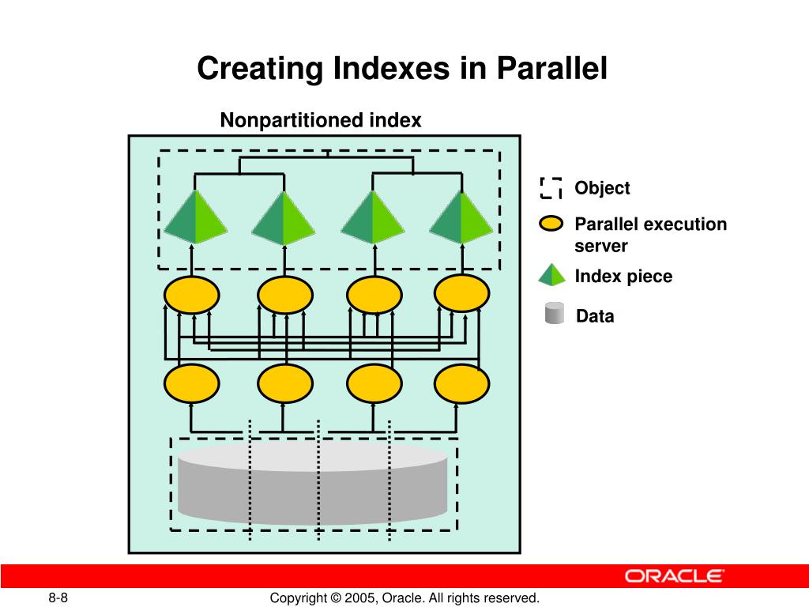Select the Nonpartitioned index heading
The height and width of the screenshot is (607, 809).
coord(321,120)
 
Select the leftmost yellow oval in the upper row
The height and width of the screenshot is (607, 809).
coord(192,296)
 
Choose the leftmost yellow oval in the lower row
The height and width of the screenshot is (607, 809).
coord(192,384)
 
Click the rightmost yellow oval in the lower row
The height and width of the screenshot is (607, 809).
coord(462,384)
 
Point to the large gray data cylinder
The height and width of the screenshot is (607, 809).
coord(313,482)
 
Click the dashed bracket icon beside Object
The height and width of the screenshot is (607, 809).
coord(551,188)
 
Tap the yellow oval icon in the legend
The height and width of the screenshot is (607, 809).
coord(551,224)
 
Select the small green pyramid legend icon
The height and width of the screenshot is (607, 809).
coord(552,274)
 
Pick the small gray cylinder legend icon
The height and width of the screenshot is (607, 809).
coord(555,314)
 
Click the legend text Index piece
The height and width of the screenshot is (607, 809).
coord(623,277)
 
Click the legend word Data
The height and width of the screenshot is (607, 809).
coord(595,317)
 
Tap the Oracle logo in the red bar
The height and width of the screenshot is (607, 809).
coord(674,575)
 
